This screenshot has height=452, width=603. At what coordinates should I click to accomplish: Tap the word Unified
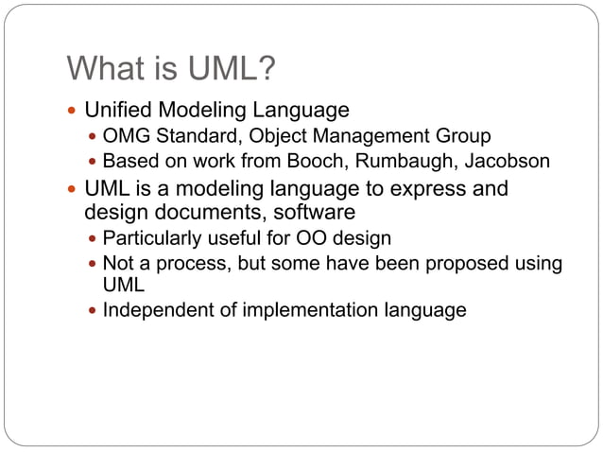[118, 110]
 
